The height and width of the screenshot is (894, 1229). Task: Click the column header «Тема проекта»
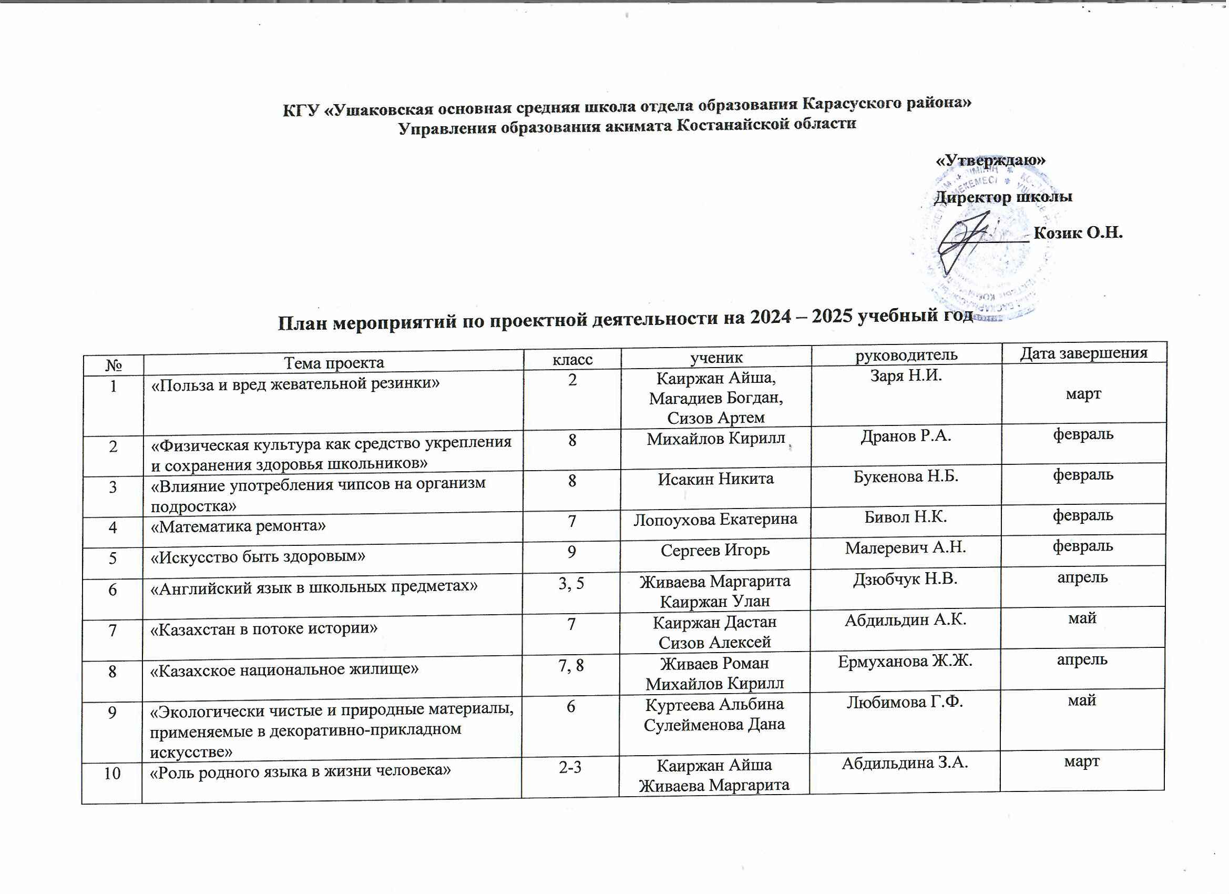tap(334, 363)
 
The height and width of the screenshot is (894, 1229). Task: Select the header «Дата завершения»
tap(1084, 353)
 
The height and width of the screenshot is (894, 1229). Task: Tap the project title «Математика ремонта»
tap(239, 526)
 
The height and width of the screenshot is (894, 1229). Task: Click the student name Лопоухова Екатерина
tap(715, 520)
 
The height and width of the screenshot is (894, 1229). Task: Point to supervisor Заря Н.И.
tap(906, 375)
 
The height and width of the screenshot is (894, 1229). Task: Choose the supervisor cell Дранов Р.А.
tap(906, 436)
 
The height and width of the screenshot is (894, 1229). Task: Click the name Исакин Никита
tap(715, 479)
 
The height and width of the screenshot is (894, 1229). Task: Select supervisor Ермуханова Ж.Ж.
tap(905, 662)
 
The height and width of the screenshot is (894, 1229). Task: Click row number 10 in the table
tap(112, 773)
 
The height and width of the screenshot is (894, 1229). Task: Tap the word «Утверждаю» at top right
tap(991, 160)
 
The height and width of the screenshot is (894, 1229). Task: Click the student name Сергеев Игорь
tap(715, 550)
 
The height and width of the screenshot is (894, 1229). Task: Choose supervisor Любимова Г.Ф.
tap(905, 702)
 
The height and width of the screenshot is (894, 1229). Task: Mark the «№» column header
tap(113, 365)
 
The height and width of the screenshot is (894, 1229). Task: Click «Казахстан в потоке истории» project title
tap(264, 628)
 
